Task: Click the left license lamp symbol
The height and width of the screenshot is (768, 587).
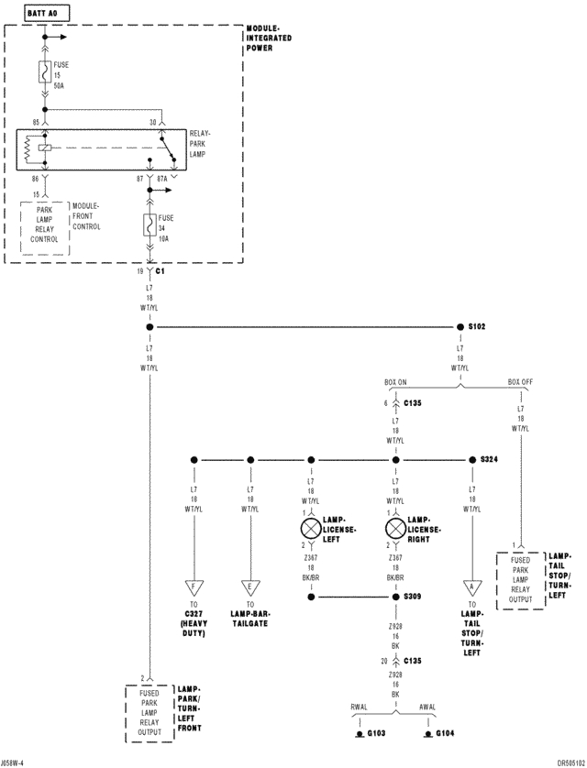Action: [x=310, y=529]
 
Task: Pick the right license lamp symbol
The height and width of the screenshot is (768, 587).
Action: [x=395, y=529]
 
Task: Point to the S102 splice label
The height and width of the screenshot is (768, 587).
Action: [x=477, y=326]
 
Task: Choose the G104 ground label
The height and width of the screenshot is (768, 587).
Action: [x=444, y=734]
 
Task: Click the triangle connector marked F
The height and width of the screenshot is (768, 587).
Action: [x=194, y=587]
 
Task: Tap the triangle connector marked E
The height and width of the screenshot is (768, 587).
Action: [x=249, y=587]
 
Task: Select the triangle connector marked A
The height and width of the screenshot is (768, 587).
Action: [x=471, y=587]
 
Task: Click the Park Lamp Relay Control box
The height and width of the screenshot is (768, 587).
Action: [x=44, y=224]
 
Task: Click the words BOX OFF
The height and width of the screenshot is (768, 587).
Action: [x=520, y=382]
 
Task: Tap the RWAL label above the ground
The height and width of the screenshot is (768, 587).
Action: [x=359, y=707]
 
